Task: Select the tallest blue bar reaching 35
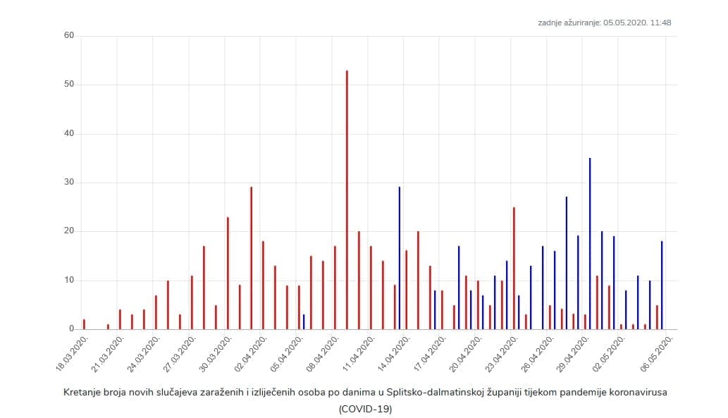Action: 590,243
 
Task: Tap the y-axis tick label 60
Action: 69,36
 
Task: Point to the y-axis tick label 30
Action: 69,183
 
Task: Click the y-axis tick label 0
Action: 71,329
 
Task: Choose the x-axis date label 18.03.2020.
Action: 73,353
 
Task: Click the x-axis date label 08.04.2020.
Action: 324,353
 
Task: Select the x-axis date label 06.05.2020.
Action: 659,353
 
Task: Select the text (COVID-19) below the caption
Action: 364,409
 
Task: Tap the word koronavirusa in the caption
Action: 638,393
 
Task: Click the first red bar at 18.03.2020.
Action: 84,324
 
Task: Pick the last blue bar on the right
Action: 662,285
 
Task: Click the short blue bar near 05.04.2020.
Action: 304,322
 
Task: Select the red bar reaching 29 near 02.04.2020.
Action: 251,258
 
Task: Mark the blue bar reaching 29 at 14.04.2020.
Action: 400,258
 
